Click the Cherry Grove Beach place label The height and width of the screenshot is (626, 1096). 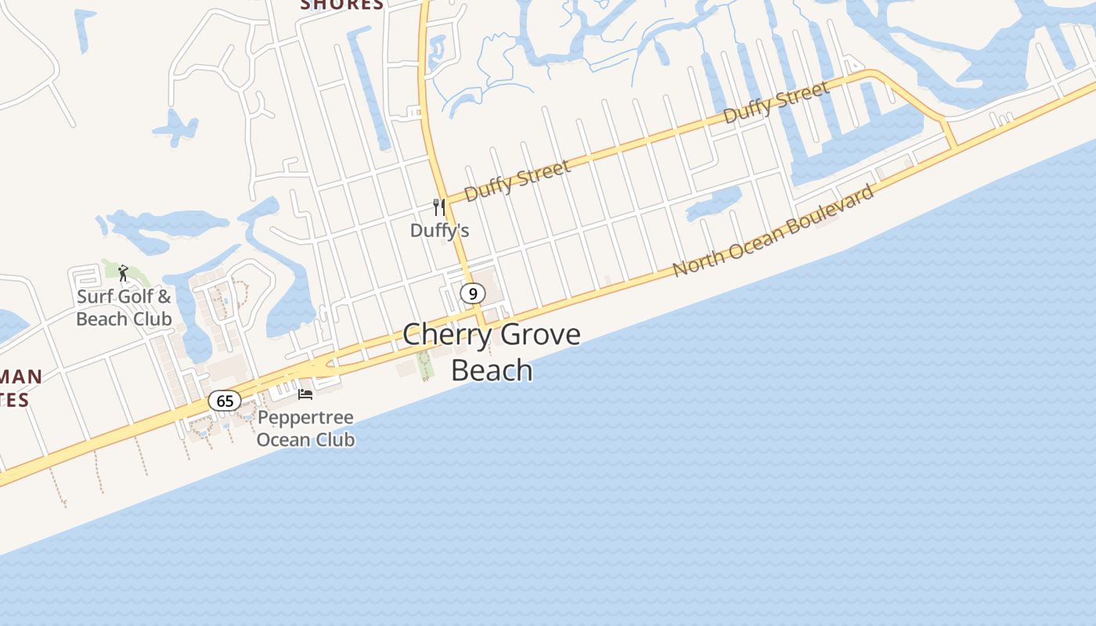click(492, 352)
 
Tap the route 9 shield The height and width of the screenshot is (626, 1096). click(472, 293)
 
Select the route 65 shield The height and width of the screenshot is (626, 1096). click(225, 401)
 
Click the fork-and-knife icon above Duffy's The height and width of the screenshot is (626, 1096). click(439, 207)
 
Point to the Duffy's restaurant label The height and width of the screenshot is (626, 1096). click(440, 230)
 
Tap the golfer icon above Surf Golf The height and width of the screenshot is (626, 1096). click(123, 273)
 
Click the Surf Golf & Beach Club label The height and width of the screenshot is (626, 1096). click(124, 308)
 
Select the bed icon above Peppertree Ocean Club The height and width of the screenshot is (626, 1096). click(305, 394)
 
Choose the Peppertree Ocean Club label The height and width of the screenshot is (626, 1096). click(305, 428)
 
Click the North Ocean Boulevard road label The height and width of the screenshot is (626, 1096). click(773, 230)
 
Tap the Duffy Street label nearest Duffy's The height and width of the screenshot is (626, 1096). click(517, 181)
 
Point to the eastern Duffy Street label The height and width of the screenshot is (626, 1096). click(776, 103)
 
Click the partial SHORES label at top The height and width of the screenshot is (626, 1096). click(342, 5)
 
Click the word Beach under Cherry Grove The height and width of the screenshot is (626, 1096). click(492, 369)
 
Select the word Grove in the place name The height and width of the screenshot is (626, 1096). click(540, 335)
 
